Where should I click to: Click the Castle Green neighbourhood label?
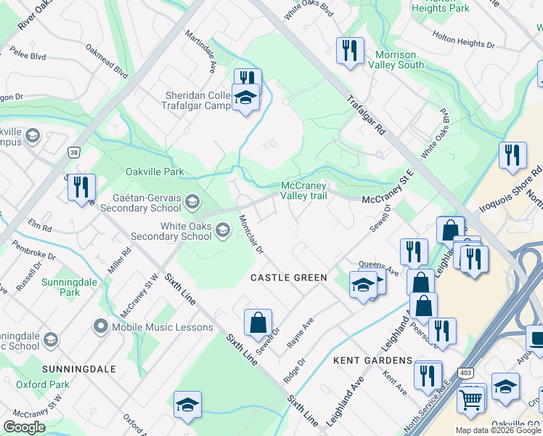click(x=289, y=278)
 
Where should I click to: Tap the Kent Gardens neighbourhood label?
click(x=373, y=360)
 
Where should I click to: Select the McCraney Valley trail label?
click(x=304, y=190)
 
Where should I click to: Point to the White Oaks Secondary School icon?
click(x=223, y=230)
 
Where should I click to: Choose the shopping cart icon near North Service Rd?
click(x=471, y=399)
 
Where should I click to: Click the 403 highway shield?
click(x=465, y=372)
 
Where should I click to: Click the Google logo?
click(x=24, y=427)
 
